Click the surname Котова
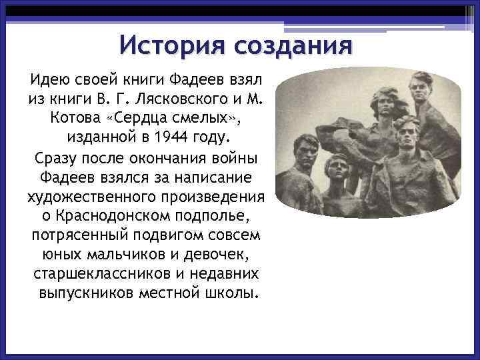(x=71, y=119)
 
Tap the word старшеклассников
(x=91, y=275)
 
